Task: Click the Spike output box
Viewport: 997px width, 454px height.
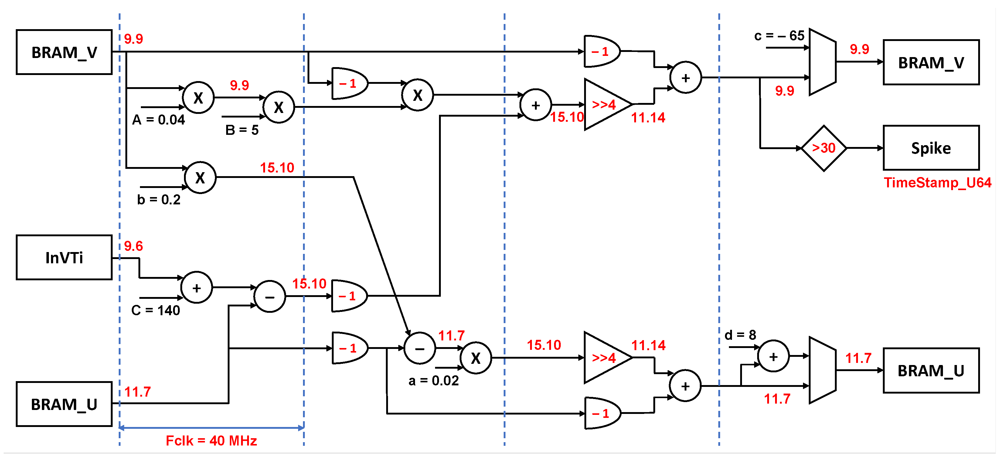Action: (x=931, y=148)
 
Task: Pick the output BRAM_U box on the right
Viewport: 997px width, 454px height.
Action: (x=931, y=370)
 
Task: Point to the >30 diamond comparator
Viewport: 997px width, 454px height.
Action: (x=824, y=148)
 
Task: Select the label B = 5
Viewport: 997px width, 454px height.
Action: (x=242, y=130)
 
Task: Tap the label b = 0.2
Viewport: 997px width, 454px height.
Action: (x=159, y=200)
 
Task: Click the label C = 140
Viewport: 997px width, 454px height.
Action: (x=155, y=310)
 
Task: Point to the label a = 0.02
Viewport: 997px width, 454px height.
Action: (x=434, y=381)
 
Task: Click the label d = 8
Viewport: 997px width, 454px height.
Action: (x=740, y=335)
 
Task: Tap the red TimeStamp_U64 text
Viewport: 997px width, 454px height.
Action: (x=937, y=183)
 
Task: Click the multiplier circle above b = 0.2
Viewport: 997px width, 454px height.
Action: (x=200, y=178)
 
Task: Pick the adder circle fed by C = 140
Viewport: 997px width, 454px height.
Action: (x=197, y=288)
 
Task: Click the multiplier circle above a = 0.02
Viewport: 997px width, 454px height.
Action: (x=476, y=358)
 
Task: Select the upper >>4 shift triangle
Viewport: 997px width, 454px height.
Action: (x=605, y=104)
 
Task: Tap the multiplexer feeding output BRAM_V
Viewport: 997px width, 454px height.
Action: (x=822, y=62)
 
